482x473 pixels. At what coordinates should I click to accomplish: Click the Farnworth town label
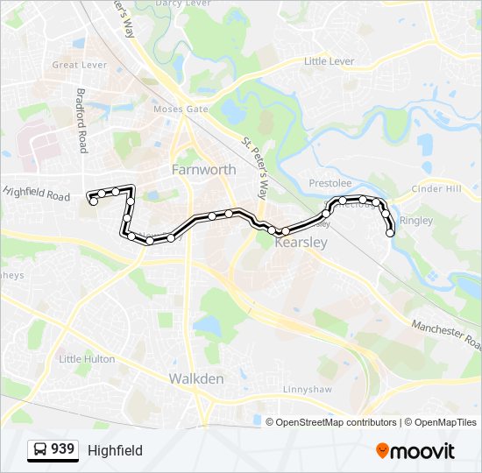[x=203, y=169]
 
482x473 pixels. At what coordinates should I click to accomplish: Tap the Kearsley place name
[x=301, y=243]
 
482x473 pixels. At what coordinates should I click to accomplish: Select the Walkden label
[x=195, y=378]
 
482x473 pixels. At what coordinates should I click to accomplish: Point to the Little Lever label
[x=328, y=61]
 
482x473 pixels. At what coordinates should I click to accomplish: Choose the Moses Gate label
[x=181, y=109]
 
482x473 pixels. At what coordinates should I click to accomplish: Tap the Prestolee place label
[x=330, y=184]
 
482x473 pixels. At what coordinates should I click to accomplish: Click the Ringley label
[x=415, y=221]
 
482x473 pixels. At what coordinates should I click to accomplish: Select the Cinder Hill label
[x=436, y=188]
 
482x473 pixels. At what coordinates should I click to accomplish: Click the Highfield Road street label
[x=36, y=193]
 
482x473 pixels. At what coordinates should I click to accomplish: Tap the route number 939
[x=62, y=449]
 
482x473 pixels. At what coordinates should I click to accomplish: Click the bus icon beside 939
[x=40, y=450]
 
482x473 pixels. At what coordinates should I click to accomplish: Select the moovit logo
[x=415, y=451]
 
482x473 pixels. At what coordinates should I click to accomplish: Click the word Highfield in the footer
[x=115, y=450]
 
